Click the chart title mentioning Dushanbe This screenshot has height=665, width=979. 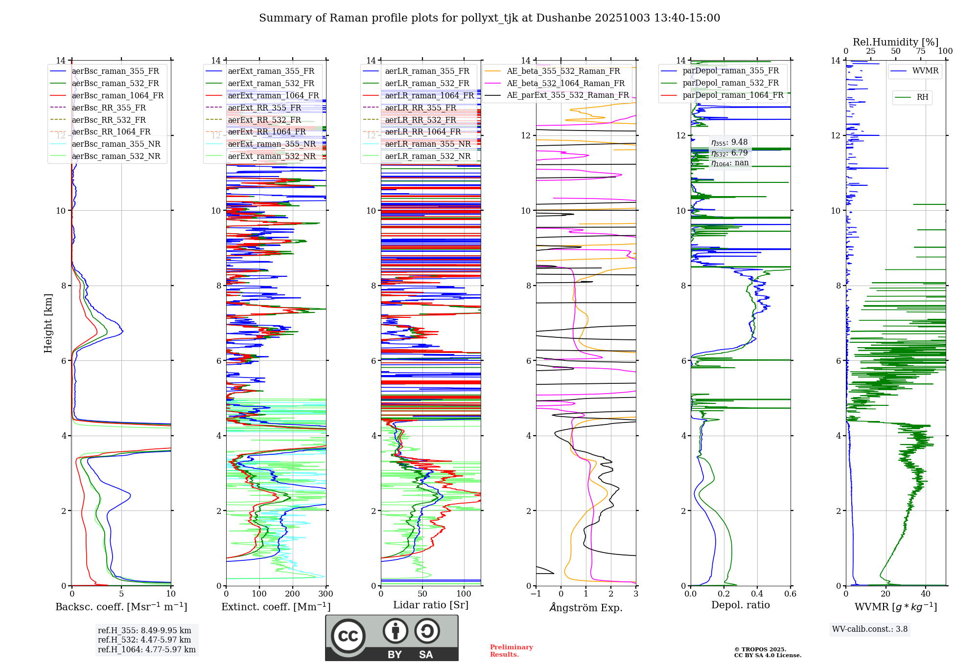489,18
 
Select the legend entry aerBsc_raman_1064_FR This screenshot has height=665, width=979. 117,95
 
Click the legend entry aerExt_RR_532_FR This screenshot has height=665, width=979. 264,120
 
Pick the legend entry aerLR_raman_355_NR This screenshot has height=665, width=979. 427,144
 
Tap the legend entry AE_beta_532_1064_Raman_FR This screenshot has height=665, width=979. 565,83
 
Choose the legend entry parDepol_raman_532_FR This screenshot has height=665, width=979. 730,83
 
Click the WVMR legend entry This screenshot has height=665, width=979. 925,71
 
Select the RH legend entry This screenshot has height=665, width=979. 922,97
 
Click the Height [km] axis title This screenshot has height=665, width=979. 48,323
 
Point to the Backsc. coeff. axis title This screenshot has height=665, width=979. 121,607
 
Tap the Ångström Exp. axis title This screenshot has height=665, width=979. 586,608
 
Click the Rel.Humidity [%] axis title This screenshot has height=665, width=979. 895,42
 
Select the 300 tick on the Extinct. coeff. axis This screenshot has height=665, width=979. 326,594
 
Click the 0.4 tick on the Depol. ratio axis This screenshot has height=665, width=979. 757,594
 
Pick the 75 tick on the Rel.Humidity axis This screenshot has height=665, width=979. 921,51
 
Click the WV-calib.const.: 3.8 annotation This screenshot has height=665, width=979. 870,629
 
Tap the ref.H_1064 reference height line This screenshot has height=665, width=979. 146,650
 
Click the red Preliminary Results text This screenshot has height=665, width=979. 511,651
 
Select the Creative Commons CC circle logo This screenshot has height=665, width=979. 348,636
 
